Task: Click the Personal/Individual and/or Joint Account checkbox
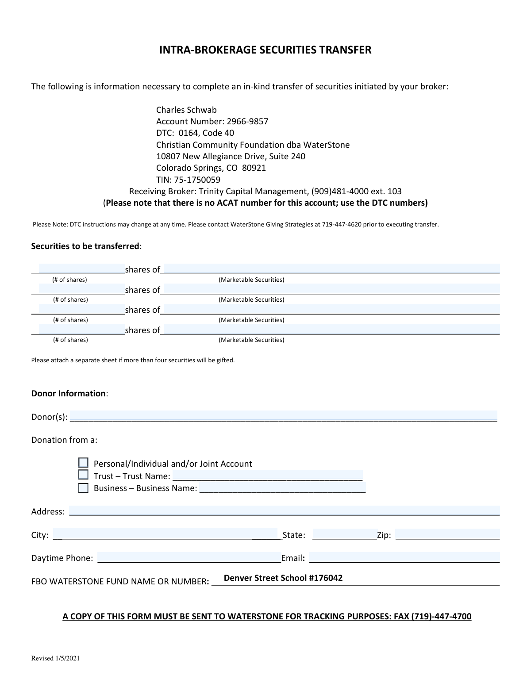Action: (83, 463)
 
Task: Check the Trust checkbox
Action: (83, 475)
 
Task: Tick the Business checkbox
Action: (83, 488)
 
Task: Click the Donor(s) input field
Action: (283, 416)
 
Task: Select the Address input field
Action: (284, 511)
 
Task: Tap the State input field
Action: (344, 534)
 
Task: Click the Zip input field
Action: (447, 534)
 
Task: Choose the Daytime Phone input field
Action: (189, 557)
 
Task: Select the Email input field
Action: (404, 557)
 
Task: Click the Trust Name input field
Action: (267, 476)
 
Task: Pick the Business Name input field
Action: (282, 487)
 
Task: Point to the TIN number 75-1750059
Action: (195, 180)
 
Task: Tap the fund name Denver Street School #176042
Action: (283, 578)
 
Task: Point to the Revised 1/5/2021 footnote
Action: (55, 658)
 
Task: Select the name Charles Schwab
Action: (186, 110)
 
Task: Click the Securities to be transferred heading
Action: (85, 246)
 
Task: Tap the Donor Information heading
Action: (69, 393)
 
